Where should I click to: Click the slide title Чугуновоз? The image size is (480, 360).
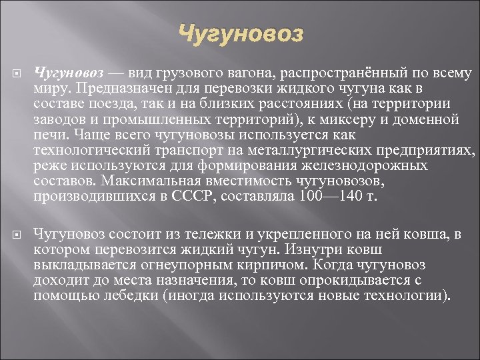click(x=241, y=33)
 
